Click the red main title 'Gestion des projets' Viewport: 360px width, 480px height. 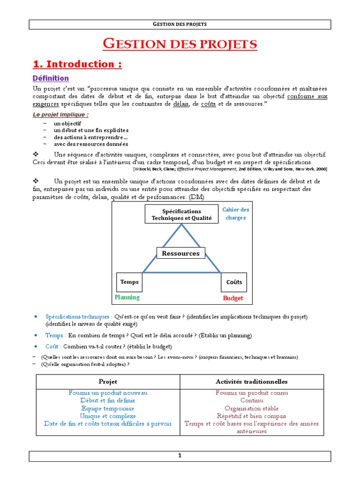(x=180, y=45)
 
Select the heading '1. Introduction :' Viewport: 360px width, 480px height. (x=77, y=64)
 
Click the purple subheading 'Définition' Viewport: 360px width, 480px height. (x=51, y=78)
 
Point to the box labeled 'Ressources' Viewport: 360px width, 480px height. (x=180, y=254)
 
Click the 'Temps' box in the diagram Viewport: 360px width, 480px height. (x=129, y=282)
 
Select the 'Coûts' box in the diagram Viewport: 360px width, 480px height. (x=234, y=282)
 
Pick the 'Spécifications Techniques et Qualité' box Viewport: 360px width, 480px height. (x=181, y=215)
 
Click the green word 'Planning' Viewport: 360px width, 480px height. (x=127, y=297)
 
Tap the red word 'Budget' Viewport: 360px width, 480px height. (x=233, y=298)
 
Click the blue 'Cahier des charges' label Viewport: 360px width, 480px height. (x=236, y=214)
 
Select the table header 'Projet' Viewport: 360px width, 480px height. (x=108, y=382)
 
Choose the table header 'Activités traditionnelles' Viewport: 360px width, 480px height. (x=252, y=382)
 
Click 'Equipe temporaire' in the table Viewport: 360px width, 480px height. (x=108, y=408)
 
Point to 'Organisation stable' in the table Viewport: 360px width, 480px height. (x=251, y=408)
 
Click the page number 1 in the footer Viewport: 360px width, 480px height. (x=180, y=456)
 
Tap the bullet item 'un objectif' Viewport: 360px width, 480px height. (x=67, y=123)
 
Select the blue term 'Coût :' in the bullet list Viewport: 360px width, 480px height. (x=53, y=346)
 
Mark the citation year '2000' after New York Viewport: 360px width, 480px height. (x=321, y=169)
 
